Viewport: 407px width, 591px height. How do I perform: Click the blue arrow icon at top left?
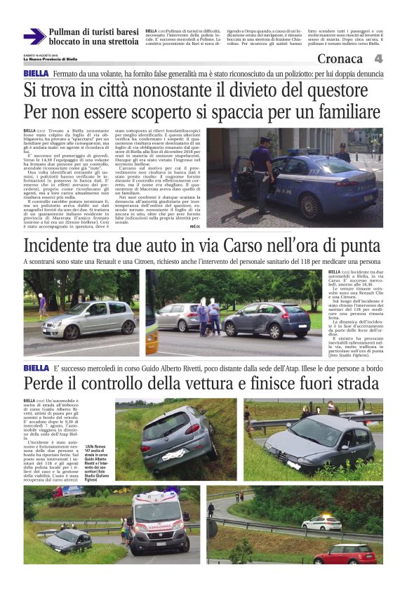(x=34, y=36)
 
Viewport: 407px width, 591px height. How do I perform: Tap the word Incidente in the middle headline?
(x=62, y=246)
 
